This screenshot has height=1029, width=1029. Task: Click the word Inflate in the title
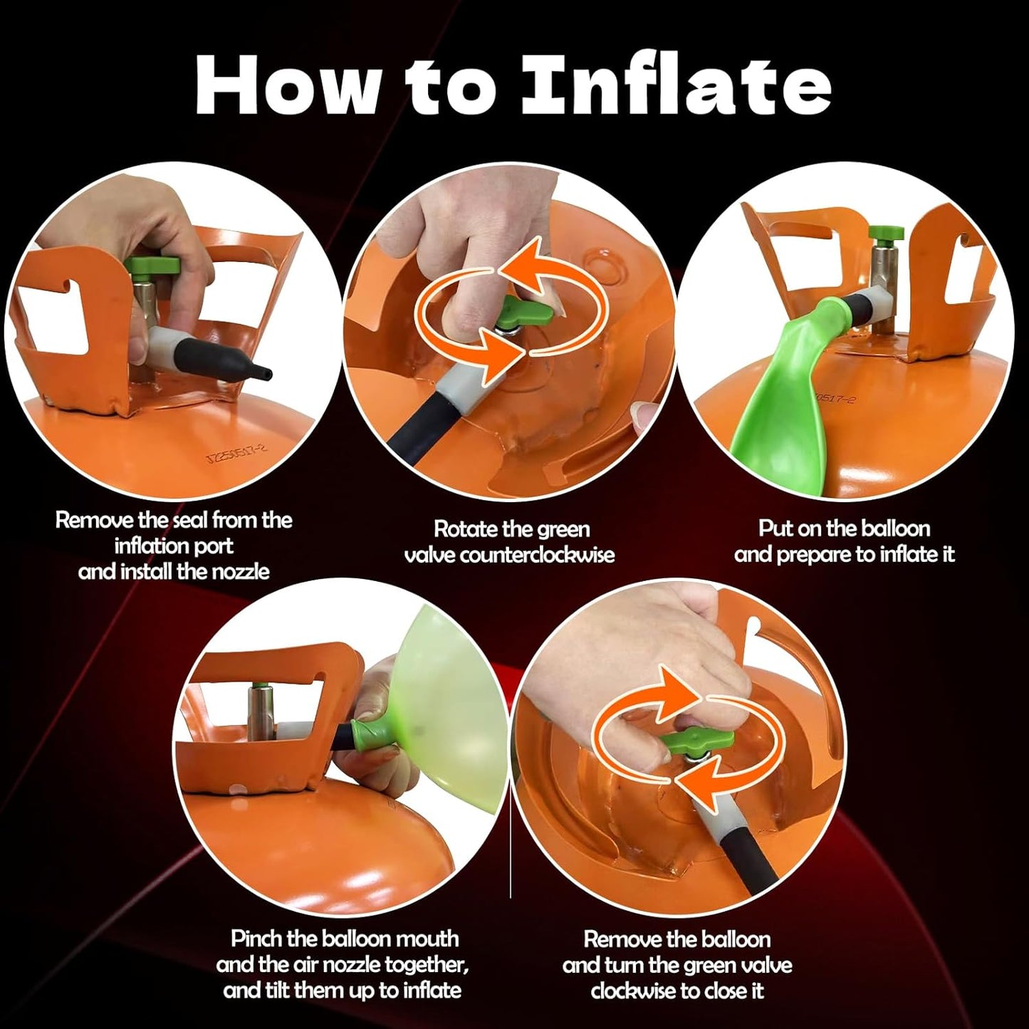(x=676, y=86)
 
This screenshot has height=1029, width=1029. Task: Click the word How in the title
(x=289, y=86)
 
